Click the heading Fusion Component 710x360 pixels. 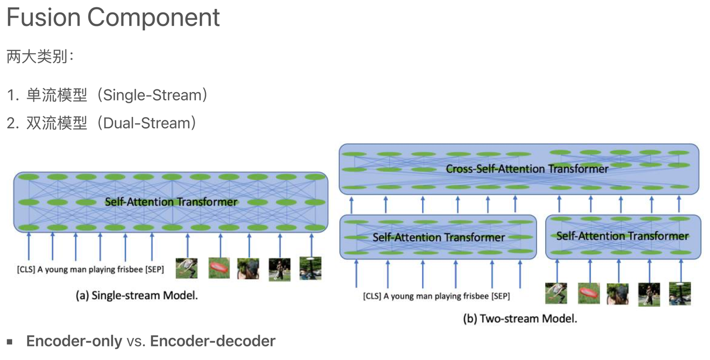tap(113, 18)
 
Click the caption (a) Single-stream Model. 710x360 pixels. tap(136, 296)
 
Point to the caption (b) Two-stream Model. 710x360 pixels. tap(520, 318)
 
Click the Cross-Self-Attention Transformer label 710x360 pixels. tap(527, 169)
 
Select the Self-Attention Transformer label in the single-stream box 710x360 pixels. tap(171, 202)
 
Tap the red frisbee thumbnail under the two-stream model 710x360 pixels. tap(589, 293)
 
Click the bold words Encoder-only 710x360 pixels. tap(74, 341)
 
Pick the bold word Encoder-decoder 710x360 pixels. tap(213, 341)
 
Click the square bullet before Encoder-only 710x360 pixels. tap(9, 341)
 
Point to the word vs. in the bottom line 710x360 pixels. tap(136, 341)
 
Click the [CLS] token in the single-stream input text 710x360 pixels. tap(26, 271)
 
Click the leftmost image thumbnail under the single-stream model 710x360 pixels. tap(186, 268)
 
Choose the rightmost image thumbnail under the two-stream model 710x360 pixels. tap(679, 293)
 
